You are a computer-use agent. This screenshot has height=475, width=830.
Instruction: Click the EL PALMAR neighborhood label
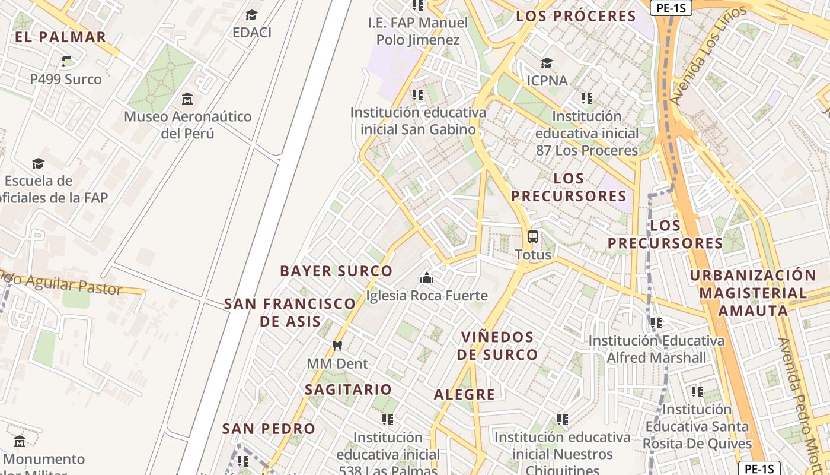[60, 37]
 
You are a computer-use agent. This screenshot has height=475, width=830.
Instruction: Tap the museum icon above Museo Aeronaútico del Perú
[187, 99]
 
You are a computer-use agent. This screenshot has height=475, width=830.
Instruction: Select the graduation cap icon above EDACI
[252, 15]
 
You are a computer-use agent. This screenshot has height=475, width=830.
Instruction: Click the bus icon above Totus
[533, 237]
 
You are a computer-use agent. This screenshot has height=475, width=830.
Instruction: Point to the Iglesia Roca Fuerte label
[427, 295]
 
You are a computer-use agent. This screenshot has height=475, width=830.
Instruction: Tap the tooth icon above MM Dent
[337, 346]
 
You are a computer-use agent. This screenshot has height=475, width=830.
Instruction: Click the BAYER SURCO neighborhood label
[336, 271]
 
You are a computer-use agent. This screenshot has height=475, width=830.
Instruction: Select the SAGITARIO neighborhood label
[348, 389]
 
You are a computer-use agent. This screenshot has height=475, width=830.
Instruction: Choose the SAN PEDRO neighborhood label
[269, 428]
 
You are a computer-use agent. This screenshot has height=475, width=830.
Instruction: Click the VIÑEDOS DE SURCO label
[500, 346]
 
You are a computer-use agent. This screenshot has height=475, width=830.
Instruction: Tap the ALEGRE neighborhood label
[464, 394]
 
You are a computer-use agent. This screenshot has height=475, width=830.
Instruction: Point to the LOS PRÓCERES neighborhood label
[576, 16]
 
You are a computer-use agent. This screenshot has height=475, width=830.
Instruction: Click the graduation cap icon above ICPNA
[547, 63]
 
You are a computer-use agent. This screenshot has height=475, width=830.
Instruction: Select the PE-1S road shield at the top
[671, 8]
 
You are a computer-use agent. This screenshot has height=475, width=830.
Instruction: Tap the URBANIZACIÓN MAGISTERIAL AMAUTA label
[753, 293]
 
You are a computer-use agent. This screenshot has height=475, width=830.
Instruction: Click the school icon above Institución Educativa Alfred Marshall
[656, 323]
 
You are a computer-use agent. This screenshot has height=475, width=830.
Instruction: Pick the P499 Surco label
[66, 79]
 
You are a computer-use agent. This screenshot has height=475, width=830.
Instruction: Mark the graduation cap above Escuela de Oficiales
[38, 163]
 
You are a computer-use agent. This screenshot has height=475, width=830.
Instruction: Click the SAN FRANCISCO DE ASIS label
[290, 312]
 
